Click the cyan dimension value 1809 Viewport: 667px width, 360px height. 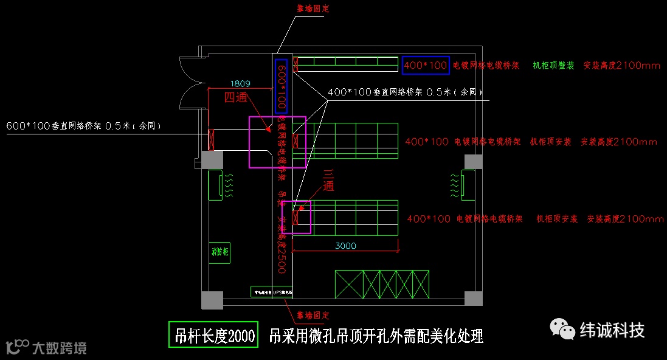[x=240, y=83]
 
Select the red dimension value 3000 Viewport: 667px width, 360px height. [x=345, y=246]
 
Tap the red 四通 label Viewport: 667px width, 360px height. [x=237, y=98]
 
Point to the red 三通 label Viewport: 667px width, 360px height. [x=328, y=180]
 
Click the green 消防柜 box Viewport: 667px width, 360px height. [x=219, y=252]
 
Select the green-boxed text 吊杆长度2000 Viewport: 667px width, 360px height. [x=213, y=334]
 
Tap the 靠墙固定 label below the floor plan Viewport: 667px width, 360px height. [x=313, y=316]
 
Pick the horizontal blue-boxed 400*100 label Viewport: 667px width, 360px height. [x=426, y=65]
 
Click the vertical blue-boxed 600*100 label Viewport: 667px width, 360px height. [x=281, y=85]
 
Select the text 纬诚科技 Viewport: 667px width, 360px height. [x=612, y=330]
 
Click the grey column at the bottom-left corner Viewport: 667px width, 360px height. [x=212, y=299]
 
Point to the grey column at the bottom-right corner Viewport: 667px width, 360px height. [x=473, y=299]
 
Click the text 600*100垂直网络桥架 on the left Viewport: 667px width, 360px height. [x=55, y=126]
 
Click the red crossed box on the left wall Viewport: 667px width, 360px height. [x=212, y=139]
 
